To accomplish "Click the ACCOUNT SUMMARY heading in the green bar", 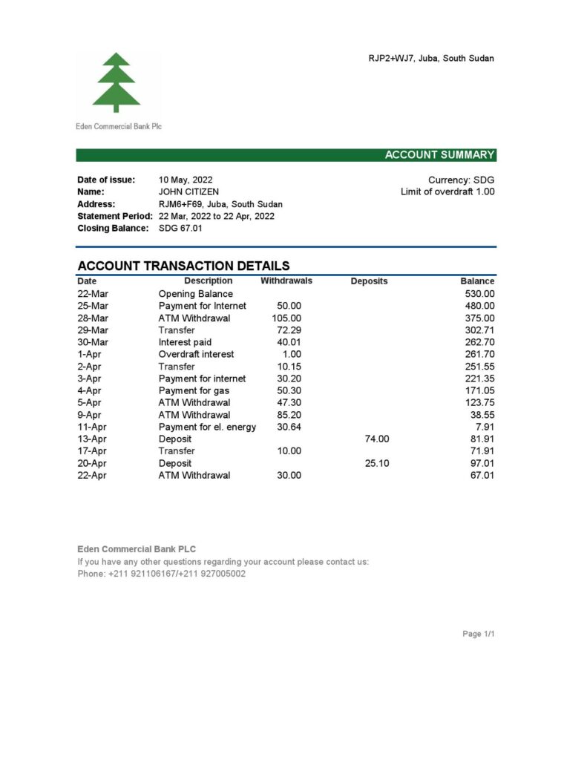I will tap(439, 155).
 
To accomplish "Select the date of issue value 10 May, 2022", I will tap(186, 180).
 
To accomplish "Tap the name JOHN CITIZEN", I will tap(188, 191).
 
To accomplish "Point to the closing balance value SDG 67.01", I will tap(180, 228).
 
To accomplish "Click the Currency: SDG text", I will tap(461, 180).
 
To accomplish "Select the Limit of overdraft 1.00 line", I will tap(447, 191).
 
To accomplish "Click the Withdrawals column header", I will tap(286, 281).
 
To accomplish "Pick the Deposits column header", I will tap(369, 281).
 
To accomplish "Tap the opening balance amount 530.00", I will tap(479, 294).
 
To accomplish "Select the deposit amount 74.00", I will tap(377, 439).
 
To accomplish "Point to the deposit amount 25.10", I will tap(377, 463).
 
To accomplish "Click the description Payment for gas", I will tap(194, 390).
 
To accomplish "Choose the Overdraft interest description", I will tap(196, 354).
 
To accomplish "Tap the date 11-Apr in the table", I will tap(93, 427).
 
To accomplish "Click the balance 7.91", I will tap(485, 427).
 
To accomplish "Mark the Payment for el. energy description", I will tap(207, 427).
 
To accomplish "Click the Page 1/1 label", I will tap(478, 634).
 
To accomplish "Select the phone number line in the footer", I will tap(161, 574).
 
